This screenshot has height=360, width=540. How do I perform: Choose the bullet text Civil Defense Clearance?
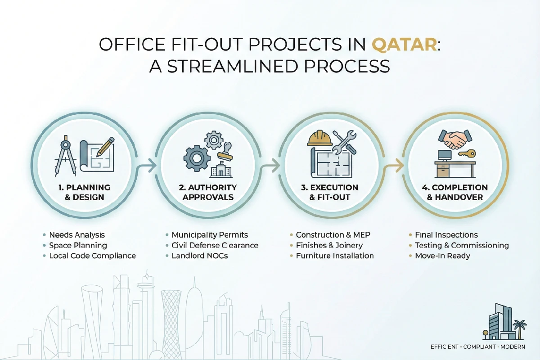click(x=215, y=245)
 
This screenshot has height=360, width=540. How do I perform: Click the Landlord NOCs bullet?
click(x=199, y=256)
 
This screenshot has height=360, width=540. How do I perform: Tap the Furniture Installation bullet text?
click(x=334, y=256)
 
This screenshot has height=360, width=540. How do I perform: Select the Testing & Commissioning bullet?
click(x=461, y=245)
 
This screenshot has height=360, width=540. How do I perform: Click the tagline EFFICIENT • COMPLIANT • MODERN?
click(x=481, y=347)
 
